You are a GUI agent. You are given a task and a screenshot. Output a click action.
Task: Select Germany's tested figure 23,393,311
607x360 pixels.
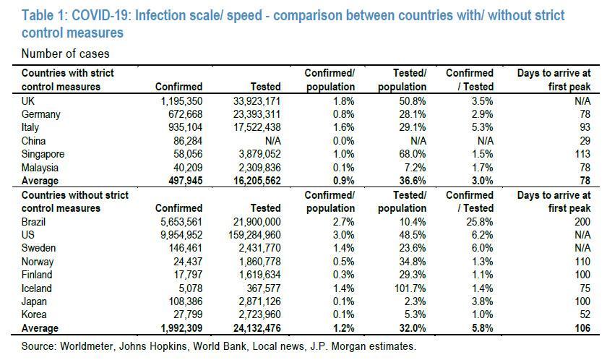point(251,114)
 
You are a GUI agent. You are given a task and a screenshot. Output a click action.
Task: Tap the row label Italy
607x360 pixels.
point(32,127)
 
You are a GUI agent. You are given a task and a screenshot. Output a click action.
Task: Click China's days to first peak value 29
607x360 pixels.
point(584,141)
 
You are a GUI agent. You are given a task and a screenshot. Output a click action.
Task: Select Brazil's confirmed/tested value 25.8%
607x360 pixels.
point(478,221)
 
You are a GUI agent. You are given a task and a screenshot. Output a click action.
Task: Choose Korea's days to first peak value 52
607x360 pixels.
point(584,315)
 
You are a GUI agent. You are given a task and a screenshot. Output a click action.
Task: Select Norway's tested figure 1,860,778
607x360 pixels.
point(254,262)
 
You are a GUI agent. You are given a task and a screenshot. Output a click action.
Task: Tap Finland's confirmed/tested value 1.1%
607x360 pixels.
point(481,275)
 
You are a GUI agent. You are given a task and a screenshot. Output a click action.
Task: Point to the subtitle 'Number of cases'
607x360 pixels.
point(66,53)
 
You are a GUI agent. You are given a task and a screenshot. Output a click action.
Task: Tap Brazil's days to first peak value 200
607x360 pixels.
point(581,221)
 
